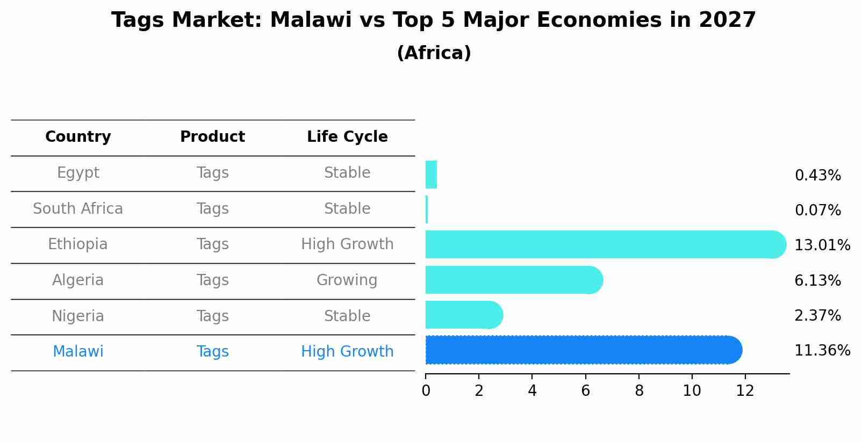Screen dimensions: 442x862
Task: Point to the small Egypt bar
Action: coord(431,175)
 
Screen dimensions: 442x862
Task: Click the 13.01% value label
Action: coord(822,245)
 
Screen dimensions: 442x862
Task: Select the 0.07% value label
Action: coord(817,211)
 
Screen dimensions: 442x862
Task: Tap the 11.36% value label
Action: coord(822,351)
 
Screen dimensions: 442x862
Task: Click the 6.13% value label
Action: coord(817,280)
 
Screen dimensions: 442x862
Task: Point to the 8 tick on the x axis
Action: coord(638,391)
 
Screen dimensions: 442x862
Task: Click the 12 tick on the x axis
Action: coord(745,391)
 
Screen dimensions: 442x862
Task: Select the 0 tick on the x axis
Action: coord(426,391)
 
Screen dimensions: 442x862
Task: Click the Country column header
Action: coord(78,137)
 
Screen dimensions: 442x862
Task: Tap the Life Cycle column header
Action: coord(347,137)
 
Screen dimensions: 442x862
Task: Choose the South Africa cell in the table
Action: coord(78,209)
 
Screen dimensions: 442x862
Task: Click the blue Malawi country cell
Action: coord(78,352)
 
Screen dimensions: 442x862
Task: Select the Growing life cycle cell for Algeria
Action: coord(347,280)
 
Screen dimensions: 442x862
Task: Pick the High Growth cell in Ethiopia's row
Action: coord(347,244)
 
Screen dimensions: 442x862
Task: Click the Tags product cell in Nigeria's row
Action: coord(212,316)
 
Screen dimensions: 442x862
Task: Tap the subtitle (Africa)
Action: coord(434,53)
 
